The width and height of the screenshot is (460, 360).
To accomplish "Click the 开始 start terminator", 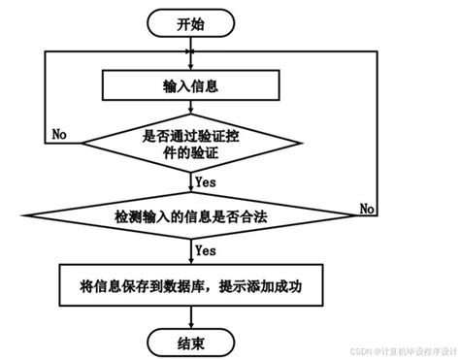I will tap(190, 23).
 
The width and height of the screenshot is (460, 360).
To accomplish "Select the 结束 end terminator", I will tap(190, 341).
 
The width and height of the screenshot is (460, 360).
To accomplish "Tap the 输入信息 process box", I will tap(190, 85).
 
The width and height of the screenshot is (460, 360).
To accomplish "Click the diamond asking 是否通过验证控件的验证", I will tap(190, 144).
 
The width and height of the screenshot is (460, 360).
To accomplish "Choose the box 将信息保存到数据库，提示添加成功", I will tap(190, 286).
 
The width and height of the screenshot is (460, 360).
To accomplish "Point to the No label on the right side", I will tap(368, 209).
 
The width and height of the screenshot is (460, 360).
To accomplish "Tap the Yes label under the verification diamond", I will tap(205, 180).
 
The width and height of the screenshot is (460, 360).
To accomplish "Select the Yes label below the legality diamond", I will tap(205, 250).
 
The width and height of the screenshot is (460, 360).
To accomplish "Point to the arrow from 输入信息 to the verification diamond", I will tap(190, 108).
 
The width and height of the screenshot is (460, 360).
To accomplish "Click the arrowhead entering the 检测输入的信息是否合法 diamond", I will tap(190, 185).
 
